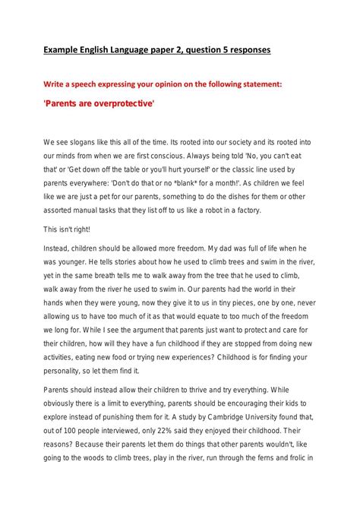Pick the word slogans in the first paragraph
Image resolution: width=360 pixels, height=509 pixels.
coord(84,142)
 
